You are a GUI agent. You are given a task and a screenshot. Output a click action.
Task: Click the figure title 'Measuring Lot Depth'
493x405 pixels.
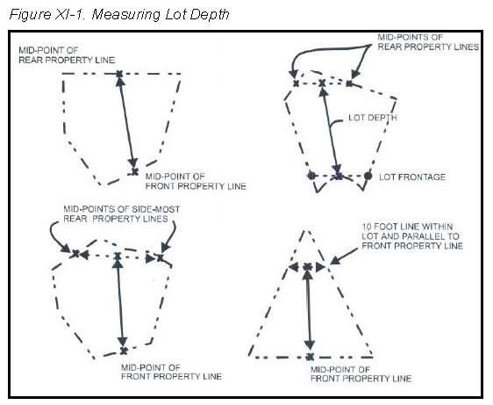(x=161, y=15)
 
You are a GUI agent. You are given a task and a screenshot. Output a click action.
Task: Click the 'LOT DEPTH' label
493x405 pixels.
(x=373, y=118)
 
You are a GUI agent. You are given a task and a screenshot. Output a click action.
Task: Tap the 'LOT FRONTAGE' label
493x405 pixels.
(x=412, y=177)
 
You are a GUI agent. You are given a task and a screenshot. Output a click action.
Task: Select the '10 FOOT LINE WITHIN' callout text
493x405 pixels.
(x=407, y=227)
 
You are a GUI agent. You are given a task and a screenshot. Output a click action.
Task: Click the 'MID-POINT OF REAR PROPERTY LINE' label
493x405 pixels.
(x=67, y=55)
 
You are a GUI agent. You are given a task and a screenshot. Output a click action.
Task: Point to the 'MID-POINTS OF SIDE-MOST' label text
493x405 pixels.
(x=122, y=209)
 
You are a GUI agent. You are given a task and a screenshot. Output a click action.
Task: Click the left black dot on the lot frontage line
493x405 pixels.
(x=311, y=176)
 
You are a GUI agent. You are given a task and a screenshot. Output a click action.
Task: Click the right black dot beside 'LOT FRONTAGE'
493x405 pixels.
(x=368, y=176)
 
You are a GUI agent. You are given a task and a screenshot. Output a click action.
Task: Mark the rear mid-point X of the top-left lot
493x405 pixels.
(x=119, y=74)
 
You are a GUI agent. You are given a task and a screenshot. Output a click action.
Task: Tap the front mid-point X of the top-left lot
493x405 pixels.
(x=135, y=172)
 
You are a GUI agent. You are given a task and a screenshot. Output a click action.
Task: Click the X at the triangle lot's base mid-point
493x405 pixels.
(x=310, y=357)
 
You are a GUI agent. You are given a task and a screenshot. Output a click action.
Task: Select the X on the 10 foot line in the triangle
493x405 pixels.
(x=308, y=267)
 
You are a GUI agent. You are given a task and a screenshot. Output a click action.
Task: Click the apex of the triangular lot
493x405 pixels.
(x=305, y=231)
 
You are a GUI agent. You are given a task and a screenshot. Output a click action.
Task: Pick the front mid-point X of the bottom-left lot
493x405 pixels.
(x=124, y=351)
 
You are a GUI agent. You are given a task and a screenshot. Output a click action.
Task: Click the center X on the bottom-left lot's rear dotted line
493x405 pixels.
(x=118, y=257)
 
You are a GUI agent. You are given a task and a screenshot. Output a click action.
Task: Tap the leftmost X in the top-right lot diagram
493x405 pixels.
(x=296, y=83)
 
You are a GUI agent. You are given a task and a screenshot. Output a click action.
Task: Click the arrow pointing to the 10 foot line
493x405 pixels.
(x=344, y=256)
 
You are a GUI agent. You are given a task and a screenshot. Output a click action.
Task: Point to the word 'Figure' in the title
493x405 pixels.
(x=30, y=15)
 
